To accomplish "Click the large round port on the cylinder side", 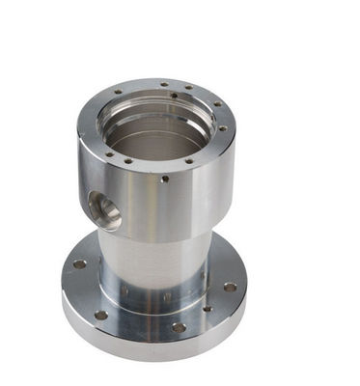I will click(102, 207).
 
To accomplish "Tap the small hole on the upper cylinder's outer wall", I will click(165, 179).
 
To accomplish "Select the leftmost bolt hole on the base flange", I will click(79, 263).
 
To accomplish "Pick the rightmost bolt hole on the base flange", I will click(230, 286).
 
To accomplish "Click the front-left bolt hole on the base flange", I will click(100, 315).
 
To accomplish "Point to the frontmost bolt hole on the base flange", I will click(179, 327).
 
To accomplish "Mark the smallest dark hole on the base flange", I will click(207, 309).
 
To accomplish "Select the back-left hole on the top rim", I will click(118, 94).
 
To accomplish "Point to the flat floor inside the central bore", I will click(154, 140).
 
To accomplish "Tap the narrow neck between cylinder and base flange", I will click(154, 256).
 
